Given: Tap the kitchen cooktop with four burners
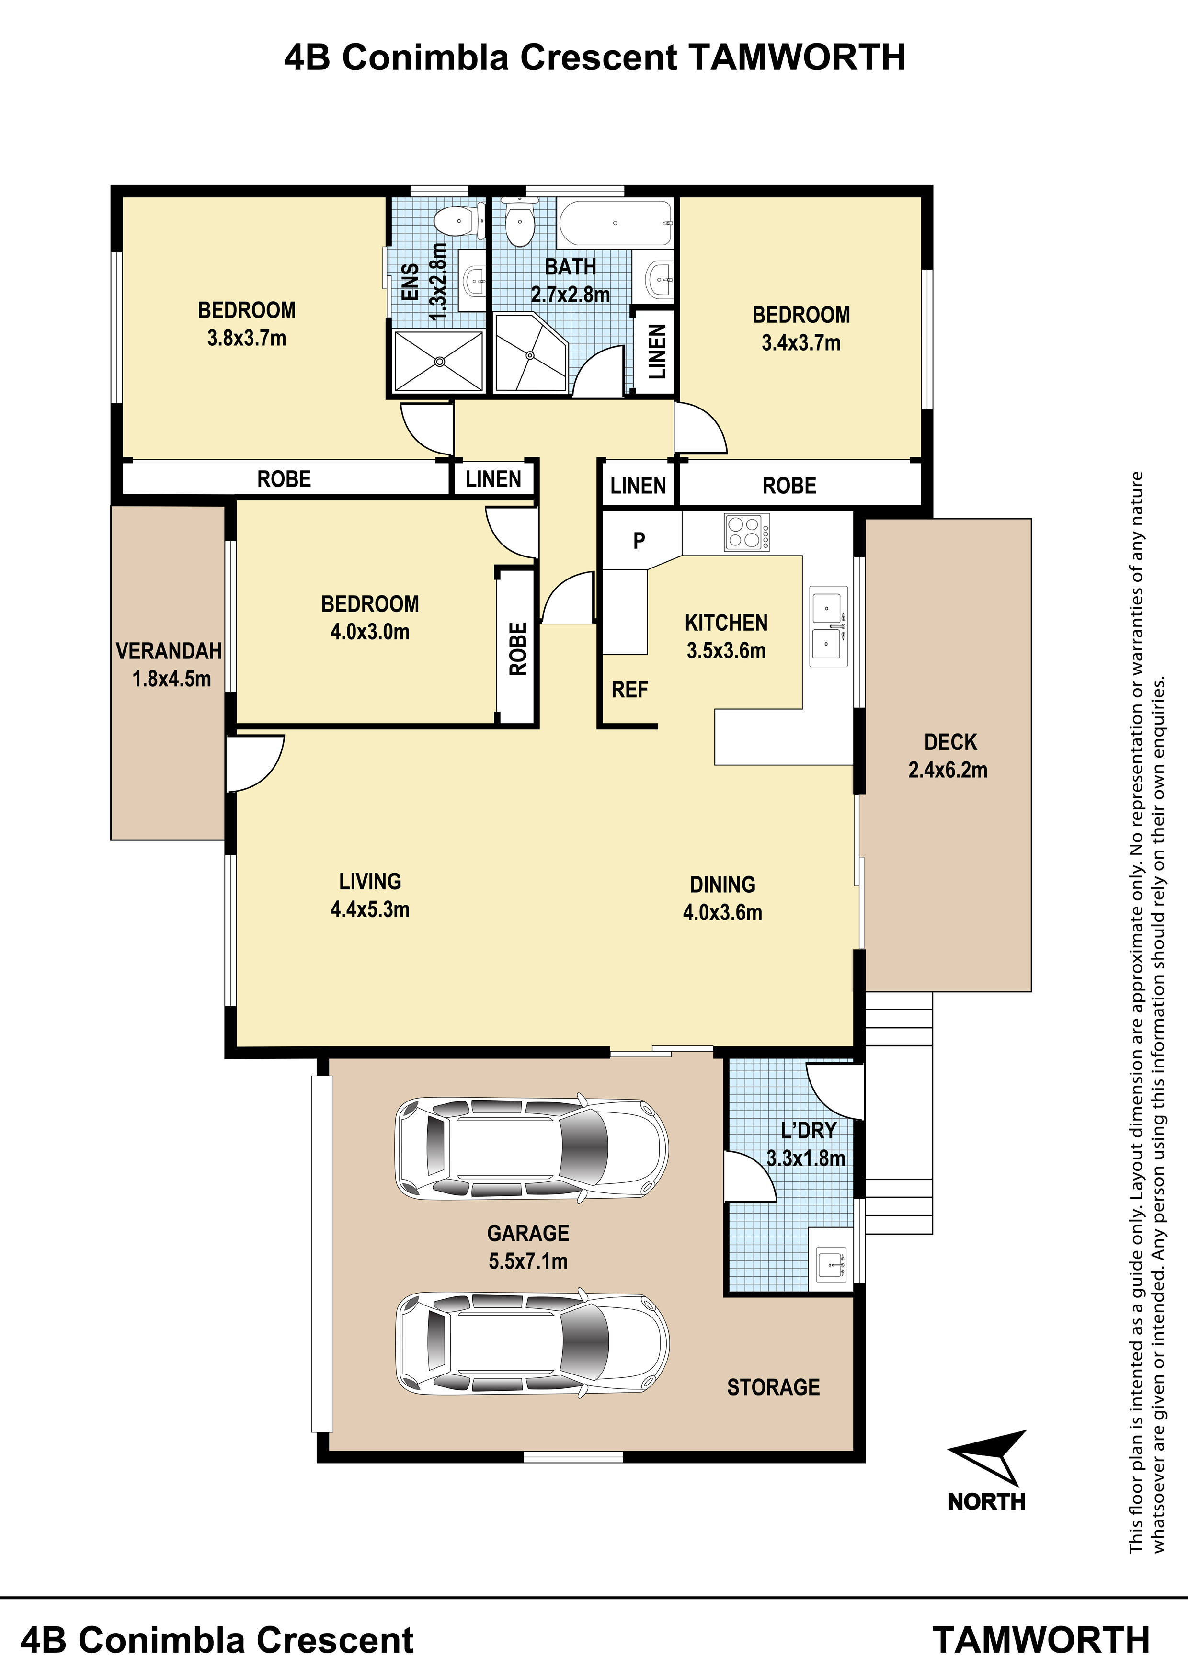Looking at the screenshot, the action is click(747, 532).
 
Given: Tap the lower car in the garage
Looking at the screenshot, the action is click(532, 1342).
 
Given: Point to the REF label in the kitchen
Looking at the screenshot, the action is click(629, 689).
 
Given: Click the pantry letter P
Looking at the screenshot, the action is click(639, 541).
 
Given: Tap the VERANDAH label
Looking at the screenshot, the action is click(169, 650).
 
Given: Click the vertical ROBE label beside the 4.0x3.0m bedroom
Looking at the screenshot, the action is click(517, 648).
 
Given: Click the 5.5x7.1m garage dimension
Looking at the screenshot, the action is click(528, 1261).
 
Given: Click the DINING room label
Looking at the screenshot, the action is click(722, 885).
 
